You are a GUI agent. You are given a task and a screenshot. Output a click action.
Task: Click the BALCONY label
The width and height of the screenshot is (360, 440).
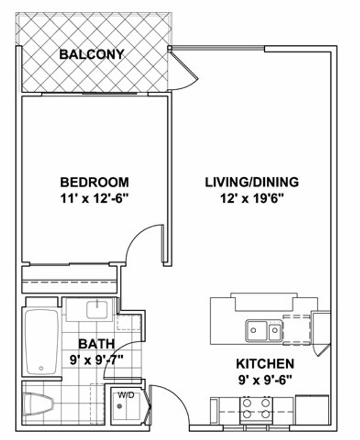click(x=91, y=54)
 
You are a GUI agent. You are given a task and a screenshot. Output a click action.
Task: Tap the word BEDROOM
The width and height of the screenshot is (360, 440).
click(x=94, y=182)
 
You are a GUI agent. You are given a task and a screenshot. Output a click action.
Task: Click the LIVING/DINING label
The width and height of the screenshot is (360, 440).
click(x=252, y=182)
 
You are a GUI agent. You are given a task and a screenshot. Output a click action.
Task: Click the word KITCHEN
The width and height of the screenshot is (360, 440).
click(x=265, y=363)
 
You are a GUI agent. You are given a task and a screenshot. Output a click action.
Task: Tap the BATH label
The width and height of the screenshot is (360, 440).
click(x=96, y=344)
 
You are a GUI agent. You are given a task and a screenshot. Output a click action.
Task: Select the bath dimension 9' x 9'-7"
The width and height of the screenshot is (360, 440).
click(x=96, y=360)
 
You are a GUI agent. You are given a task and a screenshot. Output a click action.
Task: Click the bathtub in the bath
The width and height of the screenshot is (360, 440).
click(x=41, y=341)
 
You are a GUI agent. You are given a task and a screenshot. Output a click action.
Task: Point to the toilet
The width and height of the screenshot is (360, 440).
click(x=38, y=404)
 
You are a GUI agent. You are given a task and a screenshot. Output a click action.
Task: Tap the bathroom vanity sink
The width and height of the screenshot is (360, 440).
click(x=97, y=309)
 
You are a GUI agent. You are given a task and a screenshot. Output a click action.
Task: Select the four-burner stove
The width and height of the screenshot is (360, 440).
click(x=256, y=409)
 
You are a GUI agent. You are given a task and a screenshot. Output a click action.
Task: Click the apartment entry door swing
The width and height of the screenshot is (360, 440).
click(x=171, y=403)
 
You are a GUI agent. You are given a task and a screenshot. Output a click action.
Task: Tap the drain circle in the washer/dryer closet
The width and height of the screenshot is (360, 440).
click(x=119, y=406)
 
